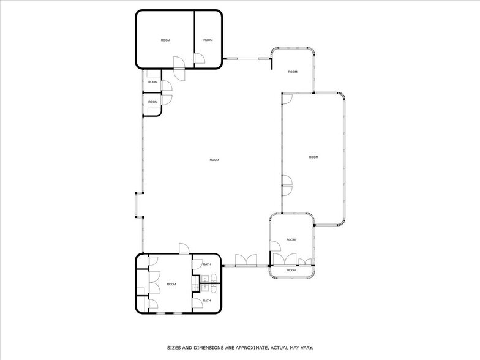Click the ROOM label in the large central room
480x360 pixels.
pyautogui.click(x=214, y=160)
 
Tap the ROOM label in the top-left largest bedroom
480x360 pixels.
pyautogui.click(x=165, y=40)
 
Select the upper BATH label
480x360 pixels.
pyautogui.click(x=207, y=264)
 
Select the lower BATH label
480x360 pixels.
pyautogui.click(x=207, y=301)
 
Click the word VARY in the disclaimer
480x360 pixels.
pyautogui.click(x=304, y=347)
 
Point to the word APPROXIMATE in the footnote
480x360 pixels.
pyautogui.click(x=249, y=347)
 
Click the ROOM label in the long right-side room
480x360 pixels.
pyautogui.click(x=313, y=157)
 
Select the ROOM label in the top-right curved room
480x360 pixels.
pyautogui.click(x=293, y=72)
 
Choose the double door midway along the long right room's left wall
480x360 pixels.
pyautogui.click(x=286, y=184)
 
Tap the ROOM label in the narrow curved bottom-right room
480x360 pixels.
pyautogui.click(x=291, y=270)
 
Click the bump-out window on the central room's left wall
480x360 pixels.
pyautogui.click(x=138, y=205)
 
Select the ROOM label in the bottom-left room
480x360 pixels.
pyautogui.click(x=171, y=284)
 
